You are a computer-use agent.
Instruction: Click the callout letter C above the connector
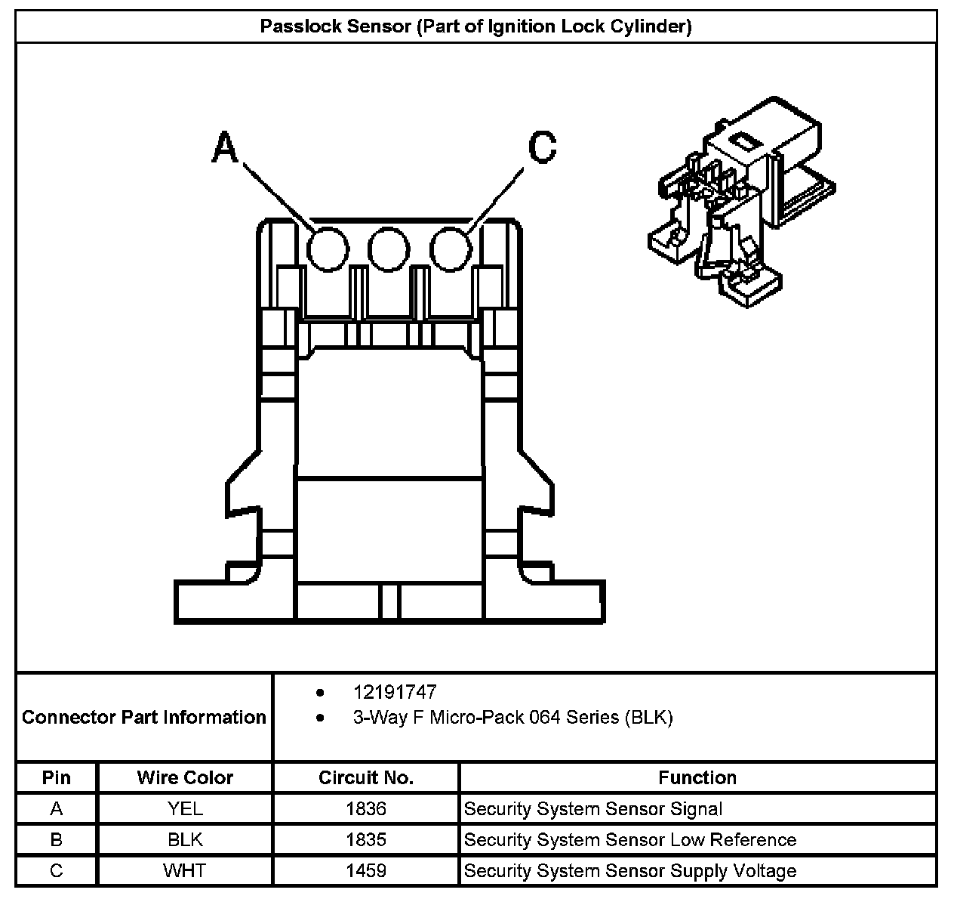click(x=542, y=147)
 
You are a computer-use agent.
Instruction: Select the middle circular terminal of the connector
click(x=389, y=249)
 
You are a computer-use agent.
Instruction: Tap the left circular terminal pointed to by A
click(x=328, y=249)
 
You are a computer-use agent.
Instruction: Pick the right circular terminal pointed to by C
click(x=451, y=249)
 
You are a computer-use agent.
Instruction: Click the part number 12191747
click(x=395, y=692)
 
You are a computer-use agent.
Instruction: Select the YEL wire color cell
click(x=185, y=809)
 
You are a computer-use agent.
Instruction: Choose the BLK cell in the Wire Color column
click(x=185, y=840)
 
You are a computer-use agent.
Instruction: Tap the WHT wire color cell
click(x=185, y=871)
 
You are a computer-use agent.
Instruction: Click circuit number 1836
click(x=366, y=809)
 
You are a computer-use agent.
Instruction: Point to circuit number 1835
click(x=366, y=840)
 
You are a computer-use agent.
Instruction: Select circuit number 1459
click(x=366, y=871)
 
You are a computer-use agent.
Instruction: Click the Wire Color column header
click(x=185, y=777)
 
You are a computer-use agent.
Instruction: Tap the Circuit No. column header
click(x=366, y=777)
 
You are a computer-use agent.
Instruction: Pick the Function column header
click(x=697, y=777)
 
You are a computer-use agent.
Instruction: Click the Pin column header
click(x=57, y=777)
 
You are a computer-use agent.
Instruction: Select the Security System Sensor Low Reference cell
click(x=630, y=840)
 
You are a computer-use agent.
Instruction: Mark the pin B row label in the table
click(x=57, y=840)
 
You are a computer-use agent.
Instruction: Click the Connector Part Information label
click(x=144, y=717)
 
